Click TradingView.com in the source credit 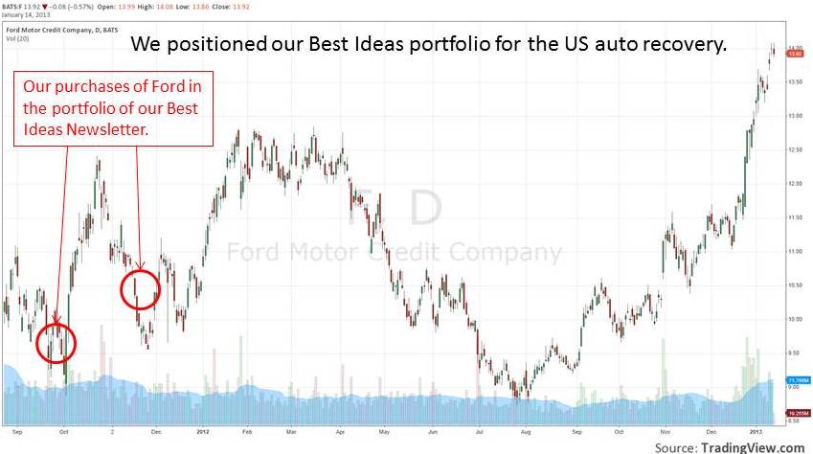[753, 446]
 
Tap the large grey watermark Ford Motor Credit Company [394, 252]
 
